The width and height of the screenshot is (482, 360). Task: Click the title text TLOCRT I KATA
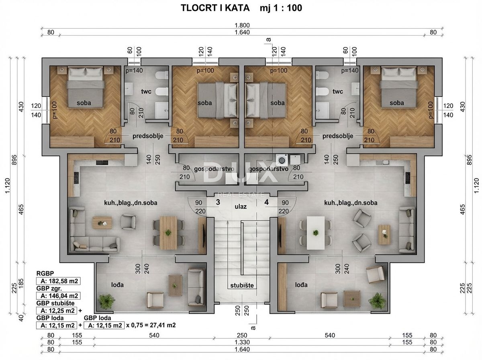pos(215,8)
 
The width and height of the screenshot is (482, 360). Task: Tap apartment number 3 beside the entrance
pos(218,202)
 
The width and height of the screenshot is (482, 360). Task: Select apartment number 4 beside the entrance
pos(266,202)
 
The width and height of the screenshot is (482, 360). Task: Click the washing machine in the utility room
pos(282,160)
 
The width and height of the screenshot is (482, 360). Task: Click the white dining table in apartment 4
pos(315,233)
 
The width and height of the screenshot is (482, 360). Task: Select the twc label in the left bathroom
pos(146,92)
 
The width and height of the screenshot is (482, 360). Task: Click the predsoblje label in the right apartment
pos(337,136)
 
